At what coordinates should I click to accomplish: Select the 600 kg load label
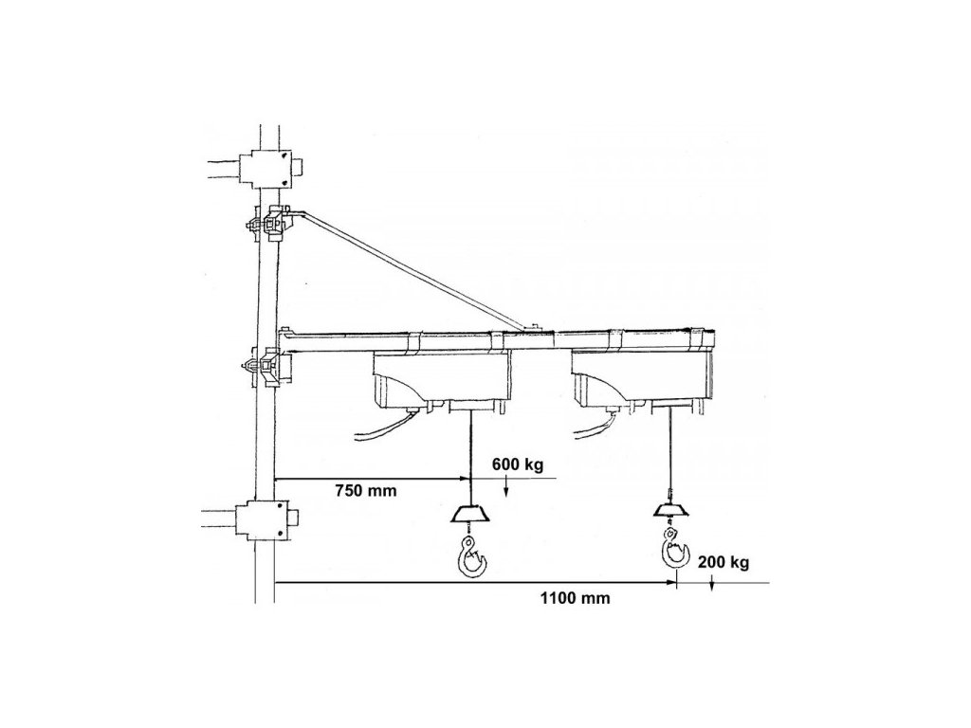tap(518, 464)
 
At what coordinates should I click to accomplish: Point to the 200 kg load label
tap(724, 562)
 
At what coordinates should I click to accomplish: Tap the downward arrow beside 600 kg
tap(507, 487)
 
